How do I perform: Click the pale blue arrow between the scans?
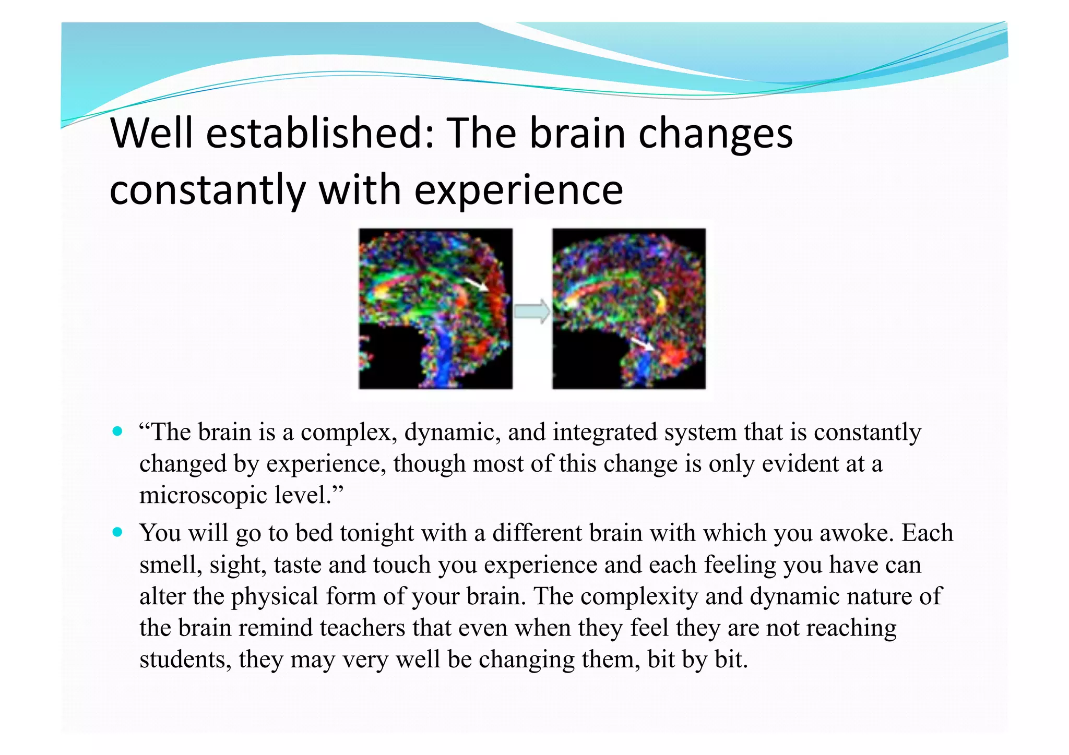click(532, 311)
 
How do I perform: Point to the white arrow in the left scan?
click(476, 284)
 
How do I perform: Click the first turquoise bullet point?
click(117, 432)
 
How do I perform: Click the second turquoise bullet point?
click(117, 532)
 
